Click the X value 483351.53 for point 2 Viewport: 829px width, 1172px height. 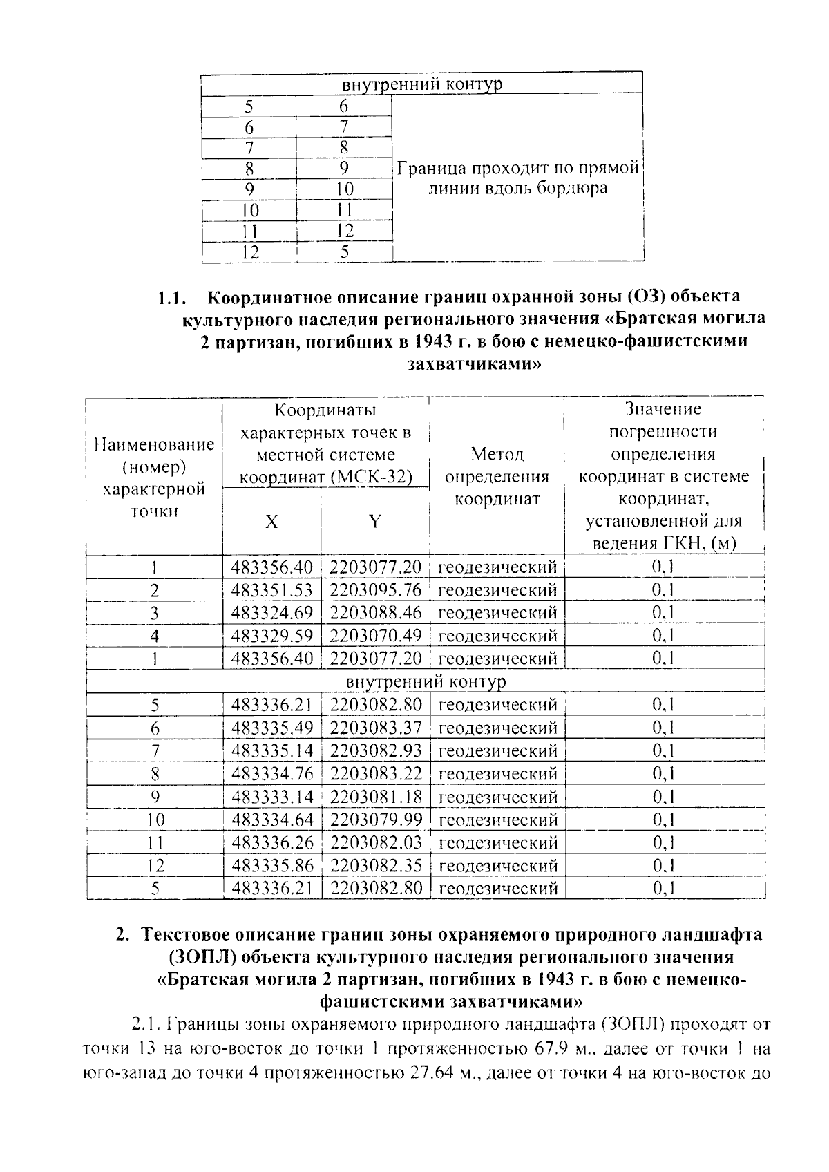tap(272, 590)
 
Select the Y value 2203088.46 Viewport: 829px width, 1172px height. tap(375, 613)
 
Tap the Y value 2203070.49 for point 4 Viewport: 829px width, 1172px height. tap(375, 636)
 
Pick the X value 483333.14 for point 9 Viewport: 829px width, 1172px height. tap(272, 797)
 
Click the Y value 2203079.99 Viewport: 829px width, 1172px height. tap(375, 820)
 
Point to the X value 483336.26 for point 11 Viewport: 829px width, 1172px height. tap(272, 842)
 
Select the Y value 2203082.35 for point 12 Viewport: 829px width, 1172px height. tap(375, 865)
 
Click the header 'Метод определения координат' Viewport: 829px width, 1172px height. tap(497, 476)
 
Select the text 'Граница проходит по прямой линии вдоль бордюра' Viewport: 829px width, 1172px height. tap(517, 178)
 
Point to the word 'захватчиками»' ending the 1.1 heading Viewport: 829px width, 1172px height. tap(474, 364)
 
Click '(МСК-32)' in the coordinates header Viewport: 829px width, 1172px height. tap(377, 478)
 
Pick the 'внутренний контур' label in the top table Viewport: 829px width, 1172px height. tap(422, 84)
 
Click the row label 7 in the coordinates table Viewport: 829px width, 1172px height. tap(155, 750)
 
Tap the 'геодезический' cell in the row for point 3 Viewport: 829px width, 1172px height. tap(497, 613)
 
